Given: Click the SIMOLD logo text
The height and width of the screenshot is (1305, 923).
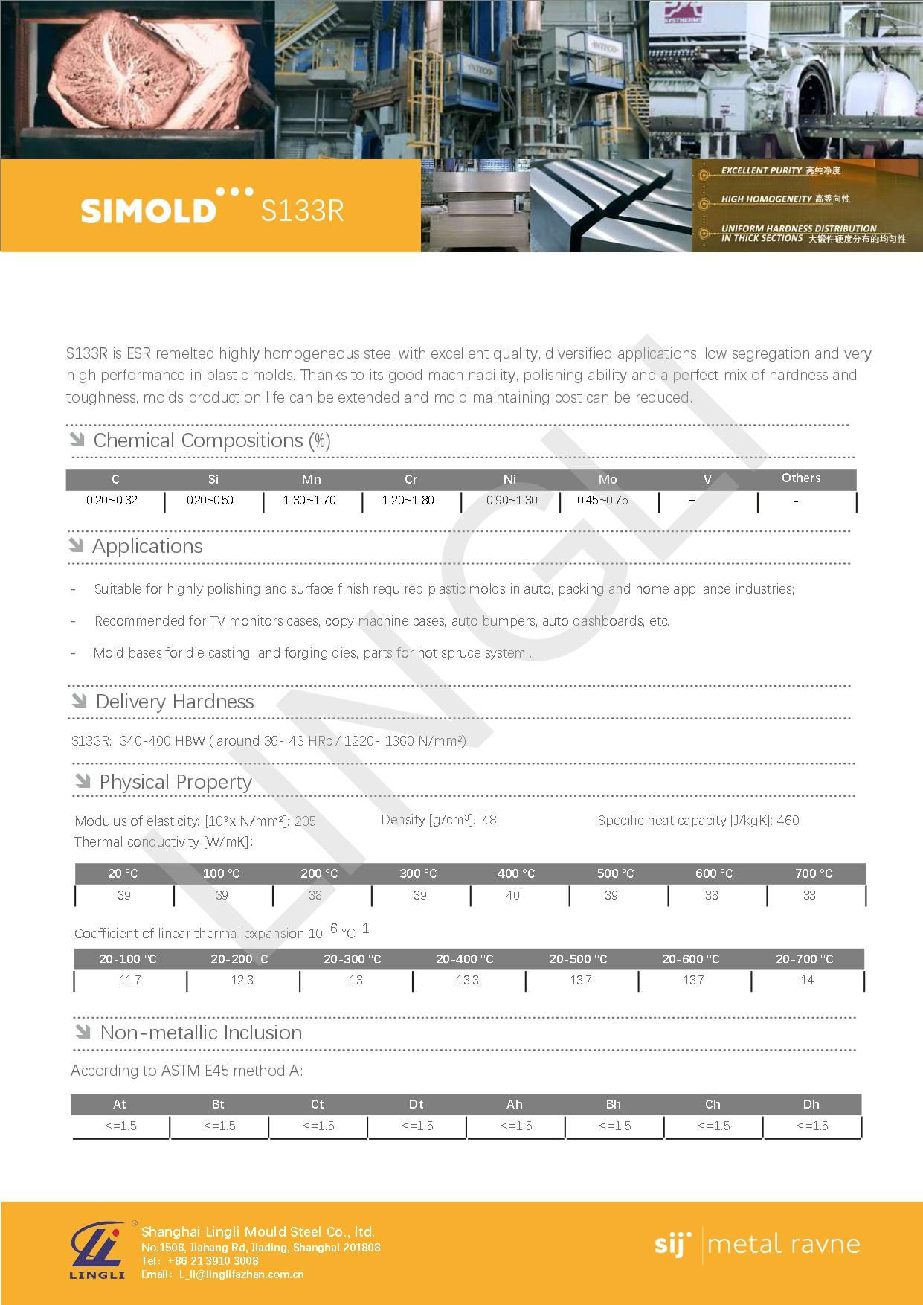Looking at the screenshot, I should coord(148,211).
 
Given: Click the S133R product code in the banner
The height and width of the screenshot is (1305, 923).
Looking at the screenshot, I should coord(302,211).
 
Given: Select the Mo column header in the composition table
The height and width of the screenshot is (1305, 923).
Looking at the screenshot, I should coord(608,479).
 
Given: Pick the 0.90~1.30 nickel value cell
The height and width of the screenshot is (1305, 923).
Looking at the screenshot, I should coord(512,501).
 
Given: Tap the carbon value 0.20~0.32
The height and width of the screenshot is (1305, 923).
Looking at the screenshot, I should coord(112,501).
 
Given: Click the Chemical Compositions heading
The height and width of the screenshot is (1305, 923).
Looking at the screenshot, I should coord(211,440).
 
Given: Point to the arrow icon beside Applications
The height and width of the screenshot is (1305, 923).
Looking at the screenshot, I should coord(77,545).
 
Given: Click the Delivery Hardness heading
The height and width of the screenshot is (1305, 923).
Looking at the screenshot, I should coord(175,702).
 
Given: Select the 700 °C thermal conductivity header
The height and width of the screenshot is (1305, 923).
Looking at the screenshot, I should coord(814,873).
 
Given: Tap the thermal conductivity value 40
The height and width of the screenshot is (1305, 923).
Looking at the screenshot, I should coord(512,895).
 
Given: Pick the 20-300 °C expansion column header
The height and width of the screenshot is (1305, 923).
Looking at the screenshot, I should coord(352,959).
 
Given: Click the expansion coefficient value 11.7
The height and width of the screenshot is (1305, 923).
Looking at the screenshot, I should coord(130,980).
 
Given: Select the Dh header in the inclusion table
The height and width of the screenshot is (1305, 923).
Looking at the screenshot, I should coord(811,1104).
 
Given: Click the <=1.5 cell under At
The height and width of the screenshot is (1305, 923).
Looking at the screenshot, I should coord(120,1126).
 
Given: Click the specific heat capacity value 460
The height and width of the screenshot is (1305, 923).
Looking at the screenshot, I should coord(788,821).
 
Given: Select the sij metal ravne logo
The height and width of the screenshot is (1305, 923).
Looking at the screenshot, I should coord(756,1244).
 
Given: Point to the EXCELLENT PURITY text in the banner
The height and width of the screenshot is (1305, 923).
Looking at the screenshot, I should coord(761,170).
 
